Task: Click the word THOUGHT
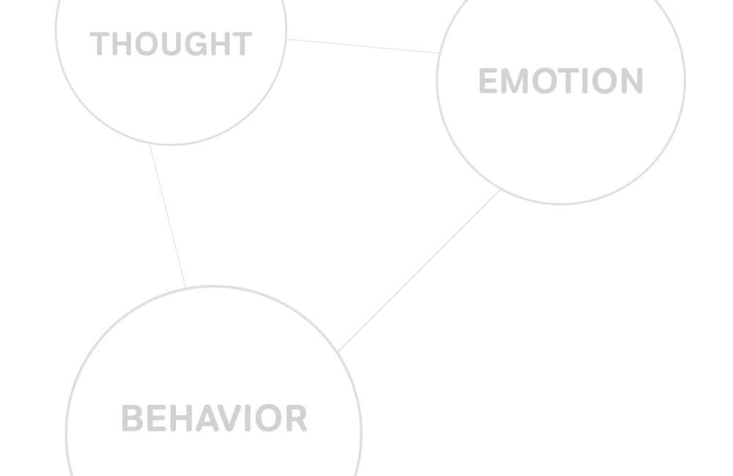[x=171, y=44]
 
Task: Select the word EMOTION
[x=561, y=81]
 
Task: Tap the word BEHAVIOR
[x=215, y=418]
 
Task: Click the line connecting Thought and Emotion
[x=363, y=46]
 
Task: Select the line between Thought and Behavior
[x=168, y=216]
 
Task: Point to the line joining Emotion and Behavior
[x=419, y=271]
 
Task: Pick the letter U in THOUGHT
[x=172, y=44]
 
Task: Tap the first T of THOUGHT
[x=99, y=44]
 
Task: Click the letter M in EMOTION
[x=515, y=81]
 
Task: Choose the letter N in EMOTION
[x=632, y=81]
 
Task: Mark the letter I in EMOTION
[x=585, y=81]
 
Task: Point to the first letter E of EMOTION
[x=488, y=81]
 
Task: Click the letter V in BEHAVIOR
[x=229, y=418]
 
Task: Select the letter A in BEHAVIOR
[x=207, y=418]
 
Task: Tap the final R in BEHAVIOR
[x=296, y=418]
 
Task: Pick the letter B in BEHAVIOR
[x=132, y=418]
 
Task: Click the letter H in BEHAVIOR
[x=181, y=418]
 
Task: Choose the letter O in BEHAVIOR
[x=268, y=418]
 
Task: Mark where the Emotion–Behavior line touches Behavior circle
[x=338, y=352]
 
